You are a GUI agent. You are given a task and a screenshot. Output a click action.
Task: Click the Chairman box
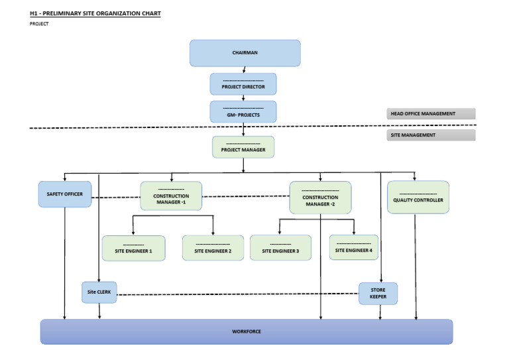245,53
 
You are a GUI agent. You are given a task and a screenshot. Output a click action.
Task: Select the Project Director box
243,84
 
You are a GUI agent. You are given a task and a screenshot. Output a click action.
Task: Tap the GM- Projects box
243,111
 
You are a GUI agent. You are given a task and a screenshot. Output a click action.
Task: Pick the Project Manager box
243,147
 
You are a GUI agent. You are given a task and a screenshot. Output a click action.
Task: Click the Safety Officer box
64,194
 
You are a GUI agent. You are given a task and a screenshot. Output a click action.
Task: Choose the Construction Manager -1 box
171,196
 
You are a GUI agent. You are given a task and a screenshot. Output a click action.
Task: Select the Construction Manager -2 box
320,198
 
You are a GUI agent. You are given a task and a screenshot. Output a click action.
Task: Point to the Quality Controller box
418,197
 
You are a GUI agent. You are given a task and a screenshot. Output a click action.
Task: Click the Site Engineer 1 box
133,249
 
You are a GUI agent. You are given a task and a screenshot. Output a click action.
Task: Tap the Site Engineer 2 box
213,249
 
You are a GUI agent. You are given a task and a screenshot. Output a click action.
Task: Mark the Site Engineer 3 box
280,248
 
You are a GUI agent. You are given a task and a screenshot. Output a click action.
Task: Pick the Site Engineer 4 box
354,247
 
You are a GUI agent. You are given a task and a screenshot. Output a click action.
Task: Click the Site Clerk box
99,292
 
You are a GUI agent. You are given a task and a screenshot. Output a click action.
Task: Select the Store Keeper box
378,294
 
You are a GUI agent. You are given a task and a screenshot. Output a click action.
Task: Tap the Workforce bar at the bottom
246,331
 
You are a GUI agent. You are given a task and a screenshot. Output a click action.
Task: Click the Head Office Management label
431,114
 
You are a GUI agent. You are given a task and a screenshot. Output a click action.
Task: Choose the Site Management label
431,135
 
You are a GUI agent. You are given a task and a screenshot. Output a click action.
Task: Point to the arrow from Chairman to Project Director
244,70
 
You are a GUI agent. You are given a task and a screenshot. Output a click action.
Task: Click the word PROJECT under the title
39,24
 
